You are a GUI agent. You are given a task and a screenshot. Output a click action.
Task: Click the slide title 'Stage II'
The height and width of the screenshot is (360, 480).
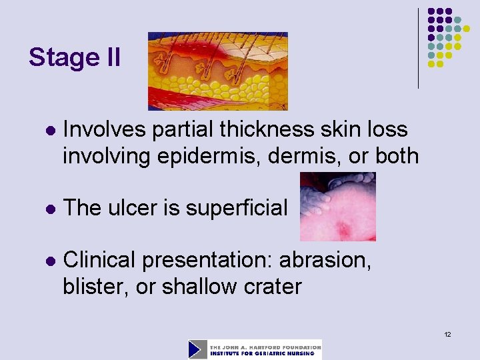pyautogui.click(x=75, y=58)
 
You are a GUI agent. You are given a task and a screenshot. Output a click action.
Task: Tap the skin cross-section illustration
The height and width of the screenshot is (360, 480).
pyautogui.click(x=217, y=71)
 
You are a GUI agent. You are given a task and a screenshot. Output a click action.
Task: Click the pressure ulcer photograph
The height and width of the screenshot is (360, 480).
pyautogui.click(x=337, y=206)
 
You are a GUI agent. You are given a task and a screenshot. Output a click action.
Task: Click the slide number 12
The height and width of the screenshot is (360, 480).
pyautogui.click(x=447, y=333)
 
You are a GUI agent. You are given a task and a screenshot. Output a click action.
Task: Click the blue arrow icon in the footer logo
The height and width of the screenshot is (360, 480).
pyautogui.click(x=198, y=349)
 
